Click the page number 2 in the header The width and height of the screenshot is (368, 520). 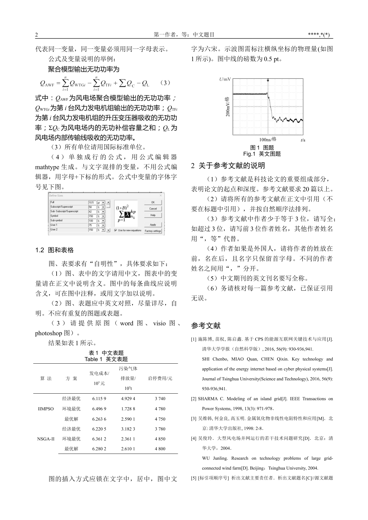coord(36,35)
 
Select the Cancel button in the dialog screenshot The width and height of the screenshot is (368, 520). coord(153,209)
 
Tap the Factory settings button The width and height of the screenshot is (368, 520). coord(153,231)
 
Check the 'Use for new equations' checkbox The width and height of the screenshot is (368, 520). coord(116,230)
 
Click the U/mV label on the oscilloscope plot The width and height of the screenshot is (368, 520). coord(225,79)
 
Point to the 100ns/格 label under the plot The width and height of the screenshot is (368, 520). coord(268,139)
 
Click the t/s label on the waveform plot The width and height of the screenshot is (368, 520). coord(303,140)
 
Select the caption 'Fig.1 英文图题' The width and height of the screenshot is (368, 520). coord(262,154)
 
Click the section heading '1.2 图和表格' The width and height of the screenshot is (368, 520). coord(54,250)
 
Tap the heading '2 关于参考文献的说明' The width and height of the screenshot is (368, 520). coord(228,166)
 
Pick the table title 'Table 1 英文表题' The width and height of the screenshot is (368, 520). coord(106,359)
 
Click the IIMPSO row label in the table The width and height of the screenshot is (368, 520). coord(46,409)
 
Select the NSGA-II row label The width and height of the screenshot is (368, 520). coord(46,439)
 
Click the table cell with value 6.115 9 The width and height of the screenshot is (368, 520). coord(99,399)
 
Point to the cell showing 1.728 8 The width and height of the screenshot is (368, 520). coord(128,409)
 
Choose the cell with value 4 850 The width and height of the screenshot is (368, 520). coord(160,439)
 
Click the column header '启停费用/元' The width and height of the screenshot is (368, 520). coord(160,378)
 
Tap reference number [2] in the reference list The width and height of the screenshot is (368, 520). coord(194,399)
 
